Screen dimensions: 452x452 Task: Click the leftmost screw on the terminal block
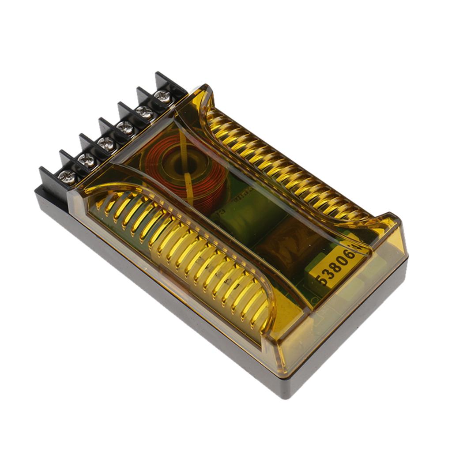[67, 177]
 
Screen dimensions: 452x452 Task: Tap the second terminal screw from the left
[87, 160]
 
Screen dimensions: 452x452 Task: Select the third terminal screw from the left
[106, 143]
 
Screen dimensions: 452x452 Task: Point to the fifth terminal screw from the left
[145, 112]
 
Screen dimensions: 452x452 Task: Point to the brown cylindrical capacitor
[287, 247]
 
